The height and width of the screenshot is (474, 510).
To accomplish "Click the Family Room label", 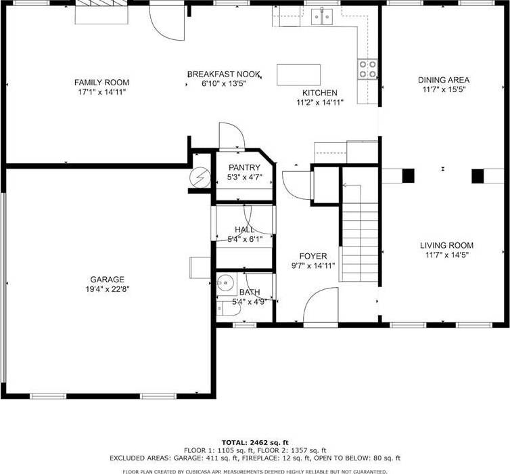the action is pos(102,83).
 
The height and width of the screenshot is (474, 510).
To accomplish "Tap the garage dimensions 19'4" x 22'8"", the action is pos(108,289).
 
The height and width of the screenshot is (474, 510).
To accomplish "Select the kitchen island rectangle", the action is pos(298,75).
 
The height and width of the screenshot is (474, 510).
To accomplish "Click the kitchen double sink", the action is pos(322,17).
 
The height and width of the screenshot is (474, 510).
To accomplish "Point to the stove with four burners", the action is pos(368,69).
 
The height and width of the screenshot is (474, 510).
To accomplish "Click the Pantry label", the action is pos(244,168).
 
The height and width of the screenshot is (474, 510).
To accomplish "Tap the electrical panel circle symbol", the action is pos(200,177).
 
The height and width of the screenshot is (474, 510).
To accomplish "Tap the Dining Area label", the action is pos(444,80).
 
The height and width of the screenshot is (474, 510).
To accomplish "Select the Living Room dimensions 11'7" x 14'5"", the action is pos(447,255).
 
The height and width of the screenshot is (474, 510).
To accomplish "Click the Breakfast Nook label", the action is pos(224,74).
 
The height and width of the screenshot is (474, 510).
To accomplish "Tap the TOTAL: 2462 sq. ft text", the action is pos(255,442).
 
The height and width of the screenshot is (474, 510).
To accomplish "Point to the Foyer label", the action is pos(313,256).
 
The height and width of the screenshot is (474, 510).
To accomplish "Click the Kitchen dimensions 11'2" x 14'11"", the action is pos(320,102).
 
